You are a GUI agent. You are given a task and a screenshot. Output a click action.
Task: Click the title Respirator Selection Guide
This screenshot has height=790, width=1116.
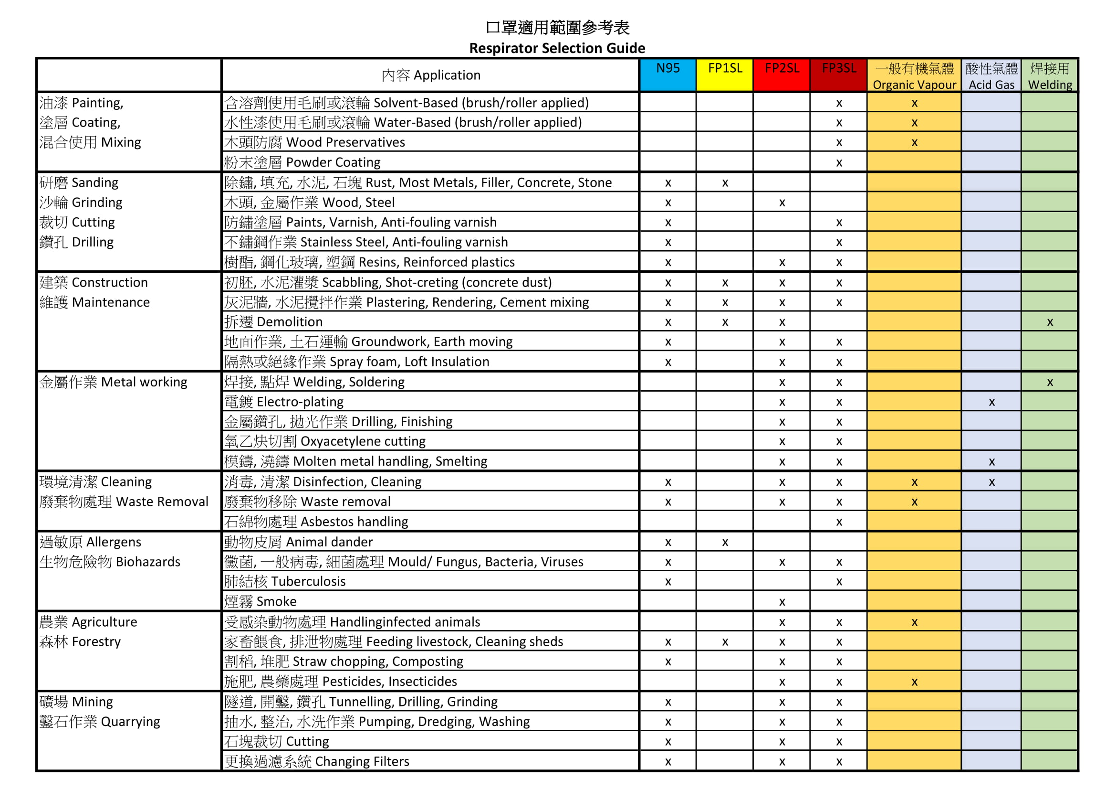click(557, 48)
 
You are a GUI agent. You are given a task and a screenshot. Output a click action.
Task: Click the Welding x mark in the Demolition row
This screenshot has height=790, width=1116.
click(1050, 322)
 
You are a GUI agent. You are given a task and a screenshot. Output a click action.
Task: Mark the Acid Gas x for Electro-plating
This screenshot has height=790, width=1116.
click(991, 402)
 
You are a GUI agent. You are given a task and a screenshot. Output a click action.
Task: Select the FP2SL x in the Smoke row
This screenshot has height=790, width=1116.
click(782, 602)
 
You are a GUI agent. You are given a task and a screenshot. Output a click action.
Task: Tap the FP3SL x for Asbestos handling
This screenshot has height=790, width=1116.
click(839, 523)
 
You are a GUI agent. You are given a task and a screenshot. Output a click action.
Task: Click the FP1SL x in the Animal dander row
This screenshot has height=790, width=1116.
click(725, 543)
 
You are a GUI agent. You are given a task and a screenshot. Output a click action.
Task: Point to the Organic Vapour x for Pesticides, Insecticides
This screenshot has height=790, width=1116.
click(914, 682)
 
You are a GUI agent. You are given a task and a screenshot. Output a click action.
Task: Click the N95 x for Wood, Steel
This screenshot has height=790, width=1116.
click(668, 203)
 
